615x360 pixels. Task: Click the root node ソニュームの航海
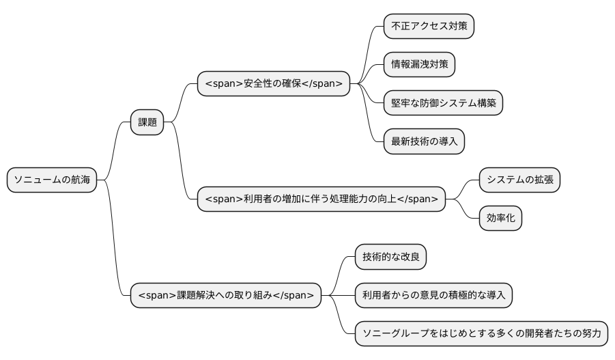[52, 180]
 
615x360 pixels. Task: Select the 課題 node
[147, 122]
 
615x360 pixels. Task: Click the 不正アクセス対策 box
[429, 26]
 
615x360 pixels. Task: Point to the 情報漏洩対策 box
[419, 64]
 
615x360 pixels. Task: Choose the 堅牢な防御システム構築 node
[443, 103]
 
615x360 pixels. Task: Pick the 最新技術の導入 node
[424, 141]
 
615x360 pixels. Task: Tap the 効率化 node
[500, 219]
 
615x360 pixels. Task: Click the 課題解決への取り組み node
[226, 295]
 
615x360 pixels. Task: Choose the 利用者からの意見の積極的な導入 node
[433, 295]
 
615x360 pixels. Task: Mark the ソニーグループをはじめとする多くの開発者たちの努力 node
[481, 334]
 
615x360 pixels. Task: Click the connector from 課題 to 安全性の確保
[181, 102]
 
